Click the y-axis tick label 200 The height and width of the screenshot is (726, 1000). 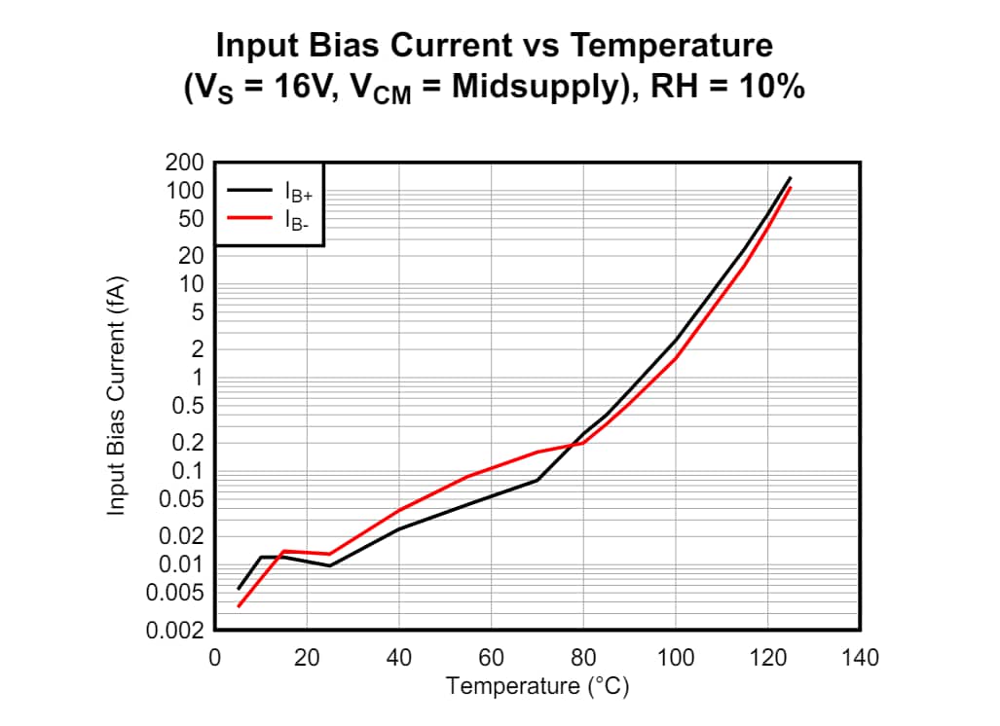coord(185,163)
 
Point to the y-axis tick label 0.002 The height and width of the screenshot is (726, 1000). coord(174,631)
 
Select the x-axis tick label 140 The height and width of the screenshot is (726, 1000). coord(860,658)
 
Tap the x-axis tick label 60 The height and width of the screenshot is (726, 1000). coord(491,658)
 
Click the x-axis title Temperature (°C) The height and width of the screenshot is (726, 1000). coord(537,686)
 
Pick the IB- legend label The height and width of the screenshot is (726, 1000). coord(296,220)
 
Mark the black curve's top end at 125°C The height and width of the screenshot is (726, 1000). coord(791,178)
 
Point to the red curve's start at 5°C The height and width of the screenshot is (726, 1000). coord(239,606)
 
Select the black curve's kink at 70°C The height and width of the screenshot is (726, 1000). coord(537,480)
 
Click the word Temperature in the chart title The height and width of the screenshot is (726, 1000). coord(671,46)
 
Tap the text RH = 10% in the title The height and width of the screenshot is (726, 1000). coord(727,88)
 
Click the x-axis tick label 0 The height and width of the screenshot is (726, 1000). coord(214,658)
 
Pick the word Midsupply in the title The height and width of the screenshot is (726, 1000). coord(521,88)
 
